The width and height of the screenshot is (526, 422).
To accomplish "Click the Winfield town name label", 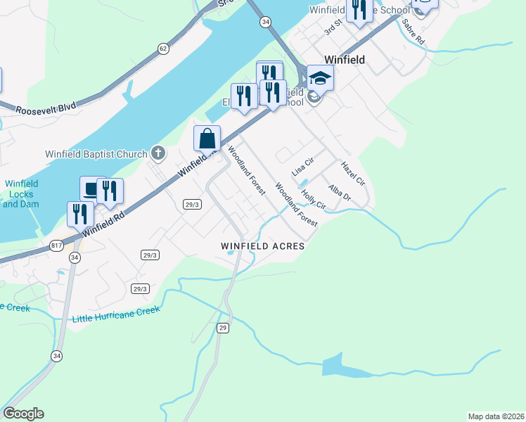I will [344, 60].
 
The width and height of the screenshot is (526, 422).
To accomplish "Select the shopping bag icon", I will [207, 138].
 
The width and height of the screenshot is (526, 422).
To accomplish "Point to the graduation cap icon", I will [320, 77].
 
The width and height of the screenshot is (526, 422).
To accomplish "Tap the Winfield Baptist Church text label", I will [105, 154].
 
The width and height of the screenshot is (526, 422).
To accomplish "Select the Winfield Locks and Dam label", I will [21, 193].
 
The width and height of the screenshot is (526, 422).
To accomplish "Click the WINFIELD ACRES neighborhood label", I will [262, 246].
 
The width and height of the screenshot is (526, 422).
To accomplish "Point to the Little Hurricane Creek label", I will [115, 311].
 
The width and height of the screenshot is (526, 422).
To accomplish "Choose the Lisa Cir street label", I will [302, 167].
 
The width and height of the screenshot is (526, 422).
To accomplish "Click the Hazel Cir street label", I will [353, 174].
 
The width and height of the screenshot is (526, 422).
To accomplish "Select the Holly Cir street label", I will [313, 200].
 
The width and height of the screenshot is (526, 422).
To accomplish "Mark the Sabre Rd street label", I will [413, 32].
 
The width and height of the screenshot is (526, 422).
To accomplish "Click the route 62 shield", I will [163, 49].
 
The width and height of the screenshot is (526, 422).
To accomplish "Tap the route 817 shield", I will [57, 245].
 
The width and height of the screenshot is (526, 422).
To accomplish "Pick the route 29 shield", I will [223, 328].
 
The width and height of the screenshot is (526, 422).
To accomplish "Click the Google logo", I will [23, 414].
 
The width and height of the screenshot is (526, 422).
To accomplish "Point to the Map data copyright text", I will [496, 416].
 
